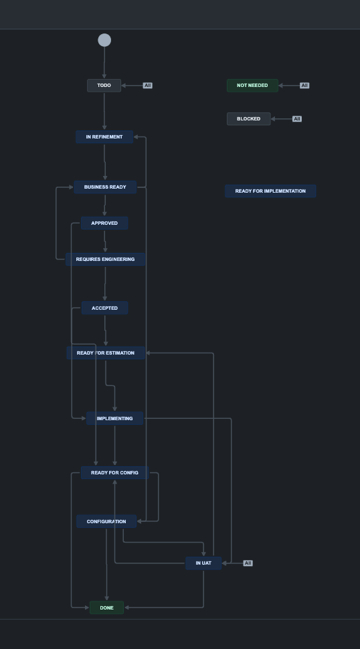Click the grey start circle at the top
pyautogui.click(x=104, y=40)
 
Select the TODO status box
pyautogui.click(x=104, y=86)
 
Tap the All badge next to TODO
pyautogui.click(x=148, y=86)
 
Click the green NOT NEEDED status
pyautogui.click(x=252, y=86)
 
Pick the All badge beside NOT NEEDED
pyautogui.click(x=304, y=86)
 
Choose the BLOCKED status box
pyautogui.click(x=249, y=119)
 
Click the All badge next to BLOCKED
pyautogui.click(x=297, y=119)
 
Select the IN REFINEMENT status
pyautogui.click(x=104, y=137)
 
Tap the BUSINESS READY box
pyautogui.click(x=105, y=187)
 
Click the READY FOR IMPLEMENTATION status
pyautogui.click(x=270, y=191)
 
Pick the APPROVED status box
pyautogui.click(x=104, y=223)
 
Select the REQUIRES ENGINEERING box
pyautogui.click(x=105, y=260)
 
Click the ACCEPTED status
pyautogui.click(x=104, y=308)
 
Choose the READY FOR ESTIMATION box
pyautogui.click(x=106, y=353)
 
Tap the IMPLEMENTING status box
pyautogui.click(x=114, y=418)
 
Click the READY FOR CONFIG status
pyautogui.click(x=114, y=472)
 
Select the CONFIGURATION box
pyautogui.click(x=106, y=521)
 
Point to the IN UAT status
pyautogui.click(x=203, y=563)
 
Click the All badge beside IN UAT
pyautogui.click(x=248, y=563)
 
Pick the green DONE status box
pyautogui.click(x=107, y=608)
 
